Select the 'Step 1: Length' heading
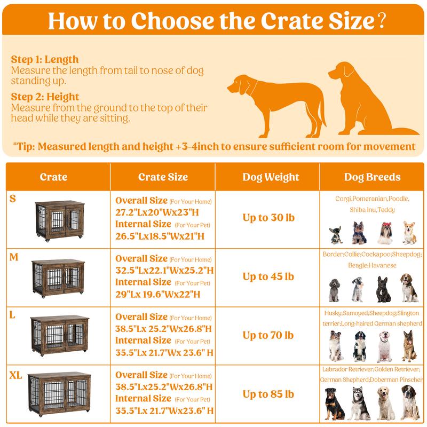point(44,60)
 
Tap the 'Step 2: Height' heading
point(45,97)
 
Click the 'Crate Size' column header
point(163,177)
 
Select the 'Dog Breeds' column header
point(373,177)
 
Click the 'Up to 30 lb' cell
point(268,218)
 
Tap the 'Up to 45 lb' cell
point(268,276)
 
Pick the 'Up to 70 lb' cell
point(268,335)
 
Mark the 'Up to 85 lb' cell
point(268,394)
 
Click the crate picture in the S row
point(59,221)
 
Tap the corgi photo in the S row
point(409,232)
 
